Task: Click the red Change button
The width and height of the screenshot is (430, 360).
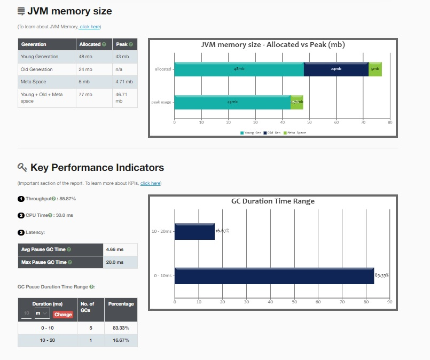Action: tap(63, 314)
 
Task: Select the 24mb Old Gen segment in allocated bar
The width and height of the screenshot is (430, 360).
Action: tap(336, 69)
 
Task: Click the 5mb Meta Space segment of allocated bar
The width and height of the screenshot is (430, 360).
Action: tap(375, 69)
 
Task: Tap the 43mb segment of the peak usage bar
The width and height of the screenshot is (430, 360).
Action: tap(232, 102)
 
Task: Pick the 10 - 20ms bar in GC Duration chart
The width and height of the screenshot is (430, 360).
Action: tap(194, 231)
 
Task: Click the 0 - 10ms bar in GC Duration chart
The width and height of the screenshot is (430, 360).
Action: tap(274, 276)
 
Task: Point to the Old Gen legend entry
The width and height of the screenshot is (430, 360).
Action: tap(271, 132)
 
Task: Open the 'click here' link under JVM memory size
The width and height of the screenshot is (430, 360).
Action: tap(89, 27)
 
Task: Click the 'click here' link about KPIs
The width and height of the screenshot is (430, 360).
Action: tap(150, 183)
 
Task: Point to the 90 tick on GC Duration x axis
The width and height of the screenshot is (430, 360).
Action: tap(389, 302)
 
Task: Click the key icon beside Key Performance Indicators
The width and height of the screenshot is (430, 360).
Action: tap(22, 167)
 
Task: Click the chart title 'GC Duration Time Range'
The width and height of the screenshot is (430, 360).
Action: tap(272, 201)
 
